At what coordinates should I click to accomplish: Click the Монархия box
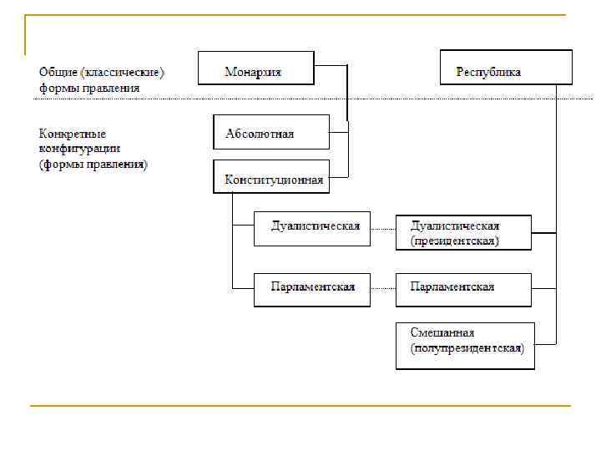255,68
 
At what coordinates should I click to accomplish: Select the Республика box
506,68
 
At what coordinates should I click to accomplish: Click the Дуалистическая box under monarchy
312,229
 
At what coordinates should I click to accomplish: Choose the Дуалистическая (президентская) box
463,232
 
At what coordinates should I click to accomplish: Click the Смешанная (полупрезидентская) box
465,346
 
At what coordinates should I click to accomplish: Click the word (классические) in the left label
123,72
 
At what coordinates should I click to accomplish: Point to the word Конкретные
73,134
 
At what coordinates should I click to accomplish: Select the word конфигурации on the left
78,149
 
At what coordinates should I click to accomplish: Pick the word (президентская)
454,241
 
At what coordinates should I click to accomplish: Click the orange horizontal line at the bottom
300,406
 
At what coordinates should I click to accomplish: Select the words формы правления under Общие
89,87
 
